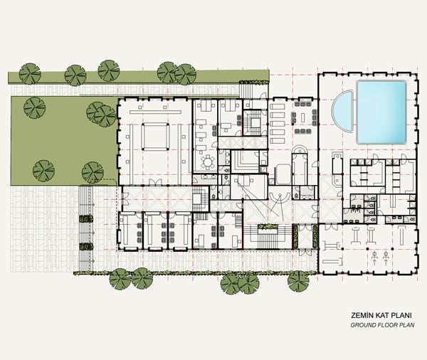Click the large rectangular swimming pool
381,112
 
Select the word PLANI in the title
401,316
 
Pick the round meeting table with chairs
208,162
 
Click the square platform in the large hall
155,136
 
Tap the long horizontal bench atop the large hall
155,112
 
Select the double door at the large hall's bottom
155,183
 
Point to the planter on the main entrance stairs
268,226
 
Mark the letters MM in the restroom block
354,211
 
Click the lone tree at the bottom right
298,281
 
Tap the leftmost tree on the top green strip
30,74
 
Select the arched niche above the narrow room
300,150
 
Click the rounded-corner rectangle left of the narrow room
283,174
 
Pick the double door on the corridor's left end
125,198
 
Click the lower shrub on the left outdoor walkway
86,246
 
